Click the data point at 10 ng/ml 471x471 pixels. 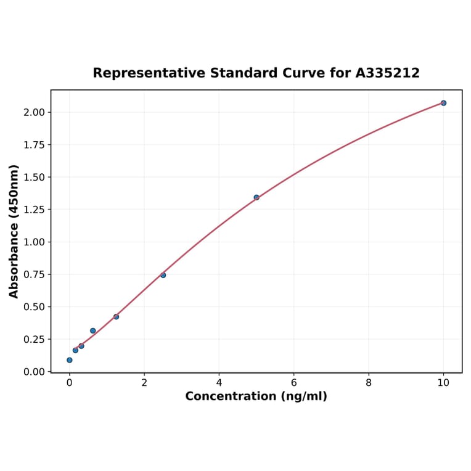443,103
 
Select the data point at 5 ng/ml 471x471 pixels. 256,197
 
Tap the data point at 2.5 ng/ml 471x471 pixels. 163,275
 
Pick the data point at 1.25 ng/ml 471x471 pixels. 116,316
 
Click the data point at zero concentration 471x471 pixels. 69,360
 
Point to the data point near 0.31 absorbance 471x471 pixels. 93,330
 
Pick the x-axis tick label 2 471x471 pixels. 144,382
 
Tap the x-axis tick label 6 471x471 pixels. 293,382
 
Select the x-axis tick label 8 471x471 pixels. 369,382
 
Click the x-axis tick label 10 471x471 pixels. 443,382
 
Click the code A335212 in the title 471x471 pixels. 387,73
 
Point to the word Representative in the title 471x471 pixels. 149,73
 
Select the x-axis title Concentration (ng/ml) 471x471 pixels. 256,396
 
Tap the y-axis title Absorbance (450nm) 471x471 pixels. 14,231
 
